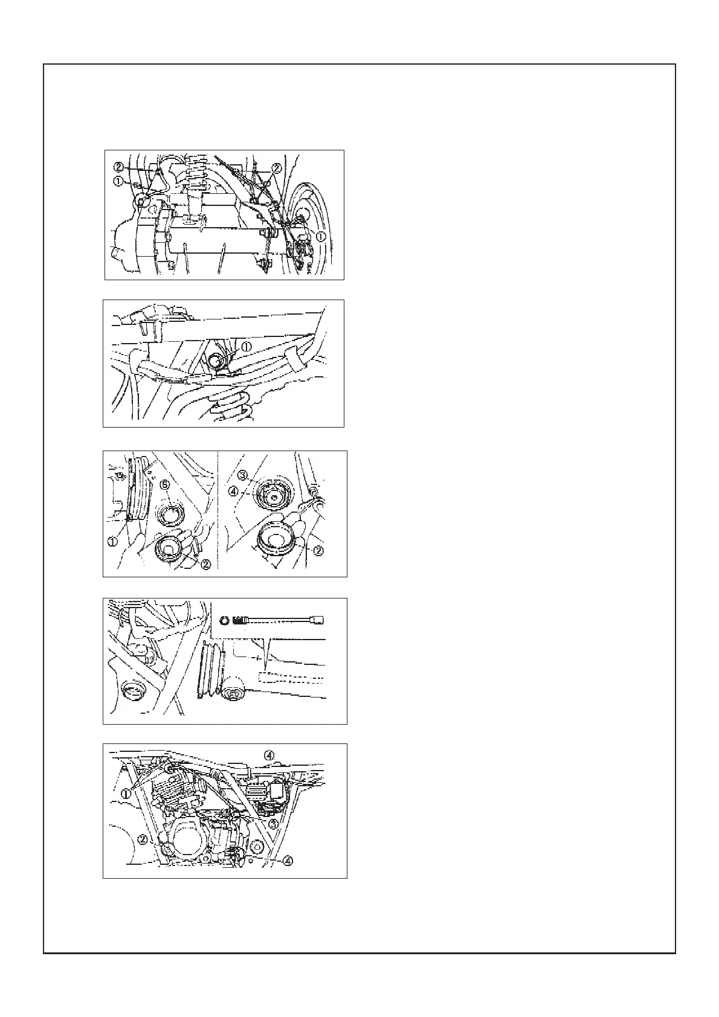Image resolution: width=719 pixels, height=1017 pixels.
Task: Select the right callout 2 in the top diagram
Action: click(276, 167)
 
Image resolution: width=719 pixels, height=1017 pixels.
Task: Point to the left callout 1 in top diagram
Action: click(117, 181)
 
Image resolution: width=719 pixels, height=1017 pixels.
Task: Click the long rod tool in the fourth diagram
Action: click(284, 620)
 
